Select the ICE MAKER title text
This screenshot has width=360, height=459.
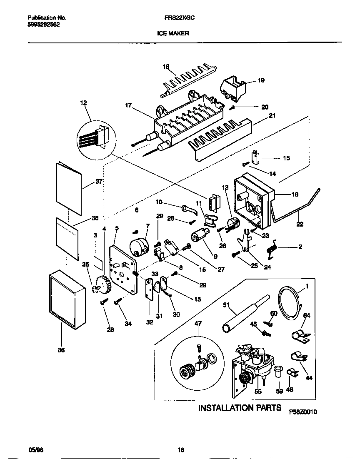pos(173,33)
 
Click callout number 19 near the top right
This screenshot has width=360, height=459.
pos(261,80)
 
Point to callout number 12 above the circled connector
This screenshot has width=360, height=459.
pos(83,102)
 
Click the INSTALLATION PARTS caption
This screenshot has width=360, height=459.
pos(240,407)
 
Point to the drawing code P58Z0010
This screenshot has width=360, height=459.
pos(303,412)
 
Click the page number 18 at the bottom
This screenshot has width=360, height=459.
pos(181,450)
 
